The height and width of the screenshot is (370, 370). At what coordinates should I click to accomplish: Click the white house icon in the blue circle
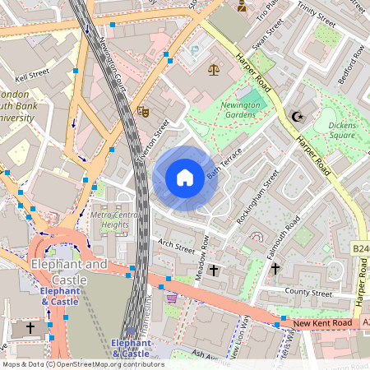185,178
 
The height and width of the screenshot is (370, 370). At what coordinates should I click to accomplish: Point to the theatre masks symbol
142,111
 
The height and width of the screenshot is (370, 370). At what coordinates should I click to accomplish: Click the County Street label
308,293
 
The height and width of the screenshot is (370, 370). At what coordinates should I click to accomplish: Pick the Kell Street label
33,73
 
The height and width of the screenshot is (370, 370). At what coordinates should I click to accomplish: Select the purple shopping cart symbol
171,298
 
